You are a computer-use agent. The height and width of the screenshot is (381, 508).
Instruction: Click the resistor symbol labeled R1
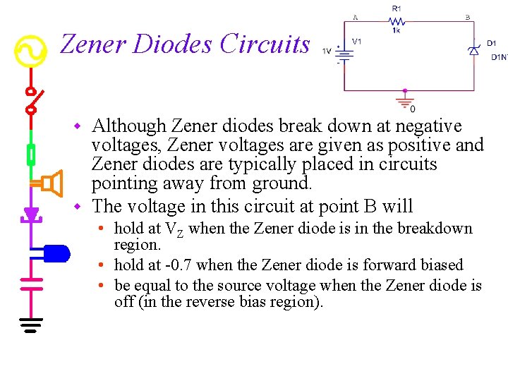396,21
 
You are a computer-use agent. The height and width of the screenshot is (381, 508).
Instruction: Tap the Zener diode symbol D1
474,49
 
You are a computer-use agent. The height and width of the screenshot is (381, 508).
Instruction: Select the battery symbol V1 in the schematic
344,54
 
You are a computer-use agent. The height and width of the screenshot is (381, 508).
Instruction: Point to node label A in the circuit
355,17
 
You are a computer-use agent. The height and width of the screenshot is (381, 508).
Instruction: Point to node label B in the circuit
467,17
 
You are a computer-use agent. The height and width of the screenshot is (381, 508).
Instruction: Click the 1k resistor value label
397,31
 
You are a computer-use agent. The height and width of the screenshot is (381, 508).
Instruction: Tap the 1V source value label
327,51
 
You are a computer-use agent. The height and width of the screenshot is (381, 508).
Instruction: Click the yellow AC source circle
31,51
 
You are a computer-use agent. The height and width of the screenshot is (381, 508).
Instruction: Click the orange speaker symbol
48,184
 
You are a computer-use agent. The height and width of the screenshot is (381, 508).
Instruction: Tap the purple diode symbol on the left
31,213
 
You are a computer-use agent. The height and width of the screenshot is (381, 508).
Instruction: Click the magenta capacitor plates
31,283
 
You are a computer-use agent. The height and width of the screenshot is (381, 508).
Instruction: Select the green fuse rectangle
31,153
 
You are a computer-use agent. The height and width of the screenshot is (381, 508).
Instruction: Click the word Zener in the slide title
92,44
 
